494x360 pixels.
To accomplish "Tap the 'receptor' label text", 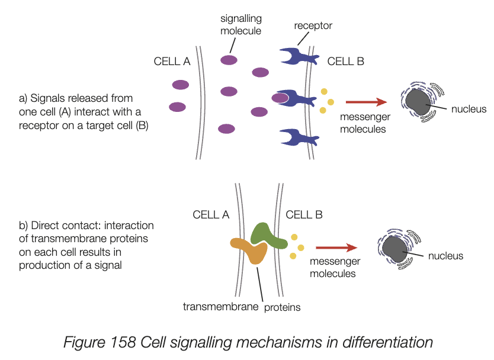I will coord(313,25).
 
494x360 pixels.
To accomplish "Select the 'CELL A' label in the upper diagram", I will coord(172,61).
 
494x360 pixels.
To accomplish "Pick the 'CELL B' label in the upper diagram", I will coord(345,61).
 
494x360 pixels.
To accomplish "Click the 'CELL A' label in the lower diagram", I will coord(211,215).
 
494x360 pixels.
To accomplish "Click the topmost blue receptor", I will coord(299,56).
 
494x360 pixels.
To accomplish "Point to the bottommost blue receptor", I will coord(299,137).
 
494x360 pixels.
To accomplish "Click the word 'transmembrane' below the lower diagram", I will coord(220,307).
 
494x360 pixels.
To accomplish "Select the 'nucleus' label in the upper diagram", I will coord(469,109).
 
